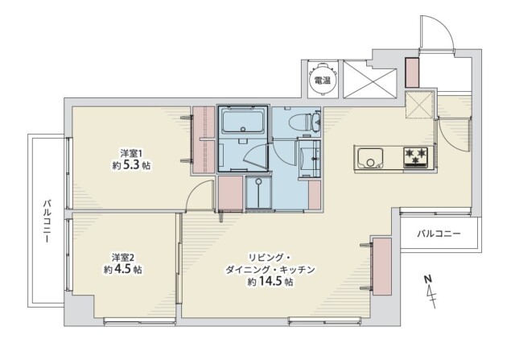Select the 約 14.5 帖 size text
[x=270, y=283]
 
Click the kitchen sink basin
[x=371, y=158]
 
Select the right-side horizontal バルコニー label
[x=439, y=234]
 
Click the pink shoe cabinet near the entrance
[x=412, y=72]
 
